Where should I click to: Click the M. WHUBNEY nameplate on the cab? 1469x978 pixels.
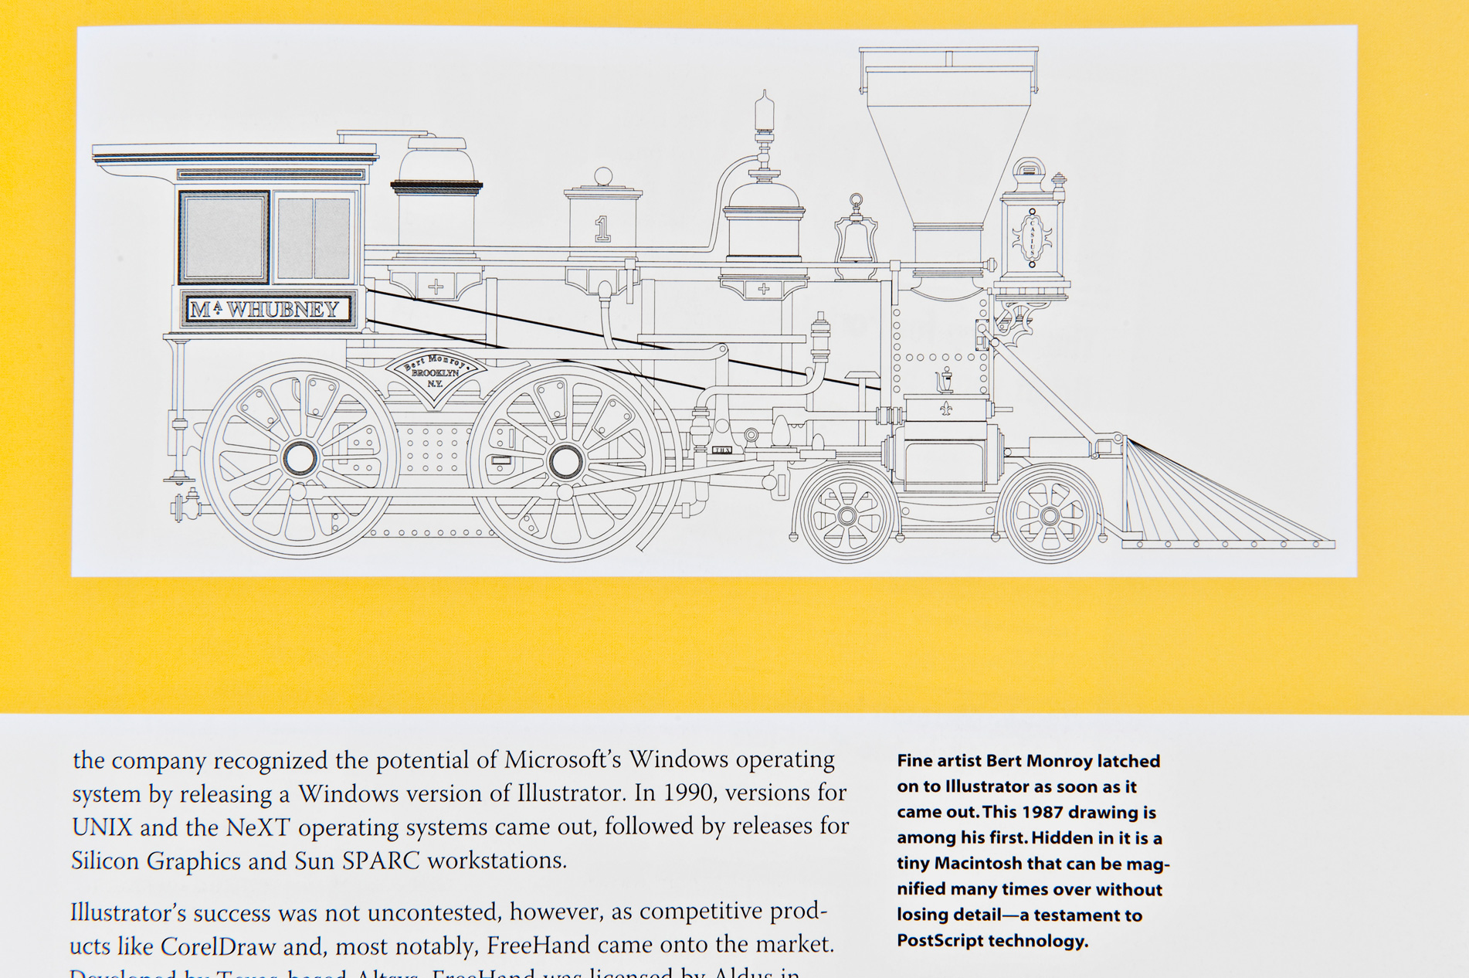point(267,310)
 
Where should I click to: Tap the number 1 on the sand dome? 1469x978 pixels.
point(602,229)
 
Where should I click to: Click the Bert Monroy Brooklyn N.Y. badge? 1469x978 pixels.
point(436,373)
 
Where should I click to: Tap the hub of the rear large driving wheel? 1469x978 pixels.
point(300,459)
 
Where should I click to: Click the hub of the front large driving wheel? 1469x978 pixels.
point(565,461)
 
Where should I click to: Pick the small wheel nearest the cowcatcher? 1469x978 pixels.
point(1050,515)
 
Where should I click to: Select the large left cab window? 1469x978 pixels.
point(224,237)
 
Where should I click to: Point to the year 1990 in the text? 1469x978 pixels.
point(686,793)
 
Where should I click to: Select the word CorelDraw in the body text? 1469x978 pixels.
point(218,946)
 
